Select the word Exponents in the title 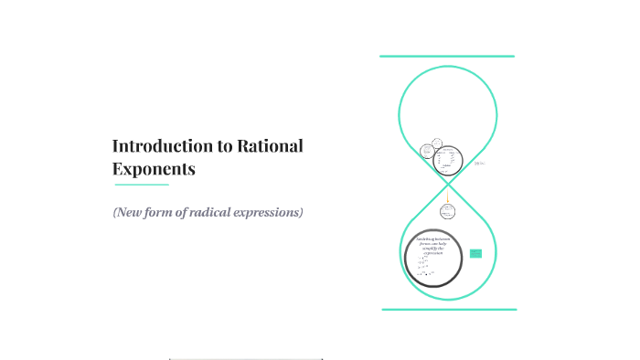pyautogui.click(x=154, y=169)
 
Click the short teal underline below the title pyautogui.click(x=141, y=185)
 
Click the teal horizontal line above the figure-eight pyautogui.click(x=447, y=57)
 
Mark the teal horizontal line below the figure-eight pyautogui.click(x=448, y=310)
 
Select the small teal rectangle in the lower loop pyautogui.click(x=475, y=253)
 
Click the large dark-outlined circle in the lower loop pyautogui.click(x=433, y=258)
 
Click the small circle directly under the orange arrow pyautogui.click(x=447, y=211)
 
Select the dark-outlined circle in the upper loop pyautogui.click(x=446, y=160)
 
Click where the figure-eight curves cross pyautogui.click(x=448, y=182)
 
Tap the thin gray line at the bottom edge pyautogui.click(x=246, y=359)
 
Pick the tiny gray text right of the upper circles pyautogui.click(x=479, y=164)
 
